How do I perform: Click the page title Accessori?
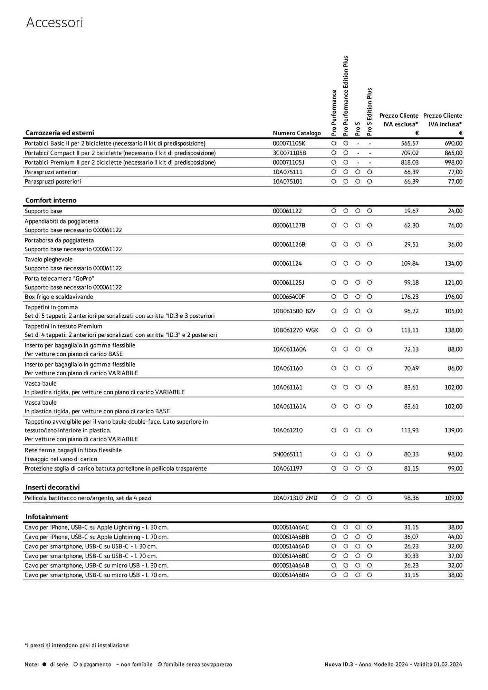[x=55, y=23]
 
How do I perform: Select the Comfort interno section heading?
[x=51, y=200]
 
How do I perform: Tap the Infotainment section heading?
[x=47, y=516]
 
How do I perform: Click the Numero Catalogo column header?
[x=297, y=133]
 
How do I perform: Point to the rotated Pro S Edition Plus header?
[x=370, y=111]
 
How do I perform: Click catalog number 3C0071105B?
[x=289, y=153]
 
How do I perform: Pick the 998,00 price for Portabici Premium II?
[x=453, y=162]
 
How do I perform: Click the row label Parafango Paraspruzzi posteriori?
[x=53, y=181]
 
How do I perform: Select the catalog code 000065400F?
[x=289, y=297]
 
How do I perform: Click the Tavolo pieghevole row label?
[x=49, y=259]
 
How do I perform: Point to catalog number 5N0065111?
[x=287, y=454]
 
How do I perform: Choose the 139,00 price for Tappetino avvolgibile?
[x=453, y=430]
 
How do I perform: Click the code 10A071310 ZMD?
[x=295, y=498]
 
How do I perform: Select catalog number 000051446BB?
[x=291, y=537]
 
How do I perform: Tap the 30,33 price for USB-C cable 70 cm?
[x=411, y=556]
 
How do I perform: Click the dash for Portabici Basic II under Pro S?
[x=358, y=143]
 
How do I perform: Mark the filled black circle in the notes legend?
[x=44, y=664]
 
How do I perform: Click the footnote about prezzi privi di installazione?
[x=77, y=645]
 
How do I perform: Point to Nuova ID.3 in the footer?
[x=338, y=664]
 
